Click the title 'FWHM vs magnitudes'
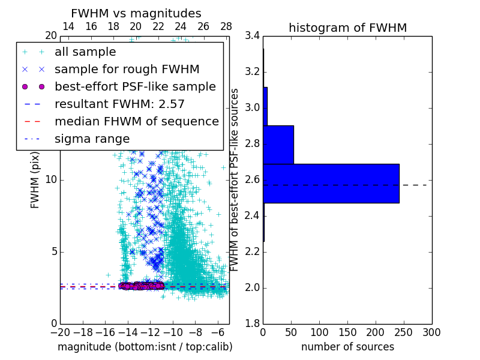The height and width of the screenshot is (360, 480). pos(136,13)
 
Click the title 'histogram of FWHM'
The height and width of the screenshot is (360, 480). pos(347,28)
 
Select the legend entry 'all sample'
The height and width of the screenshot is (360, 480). pos(85,52)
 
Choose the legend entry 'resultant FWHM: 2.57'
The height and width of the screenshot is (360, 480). pos(119,104)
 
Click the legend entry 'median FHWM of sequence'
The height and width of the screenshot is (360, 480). pos(136,122)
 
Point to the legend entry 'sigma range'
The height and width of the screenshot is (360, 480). pos(92,139)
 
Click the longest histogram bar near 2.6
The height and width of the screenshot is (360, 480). pos(331,183)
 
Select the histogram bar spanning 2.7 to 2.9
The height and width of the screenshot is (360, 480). pos(278,145)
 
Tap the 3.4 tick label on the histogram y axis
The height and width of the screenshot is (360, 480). pos(253,36)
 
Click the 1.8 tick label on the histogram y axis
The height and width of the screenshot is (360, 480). pos(253,324)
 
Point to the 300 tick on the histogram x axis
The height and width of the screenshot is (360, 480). pos(431,332)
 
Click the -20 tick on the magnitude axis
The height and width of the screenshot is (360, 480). pos(60,332)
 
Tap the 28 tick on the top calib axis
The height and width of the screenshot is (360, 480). pos(226,27)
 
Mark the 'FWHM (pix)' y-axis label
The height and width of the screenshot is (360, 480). pos(35,180)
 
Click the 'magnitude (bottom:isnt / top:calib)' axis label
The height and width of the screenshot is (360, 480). pos(145,347)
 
